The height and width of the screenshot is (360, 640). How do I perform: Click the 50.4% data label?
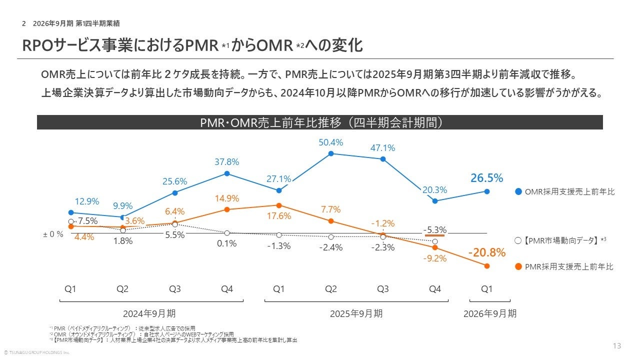(x=331, y=142)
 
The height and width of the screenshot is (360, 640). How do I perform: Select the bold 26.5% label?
(x=486, y=178)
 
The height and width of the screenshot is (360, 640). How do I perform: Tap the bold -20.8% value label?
(x=486, y=253)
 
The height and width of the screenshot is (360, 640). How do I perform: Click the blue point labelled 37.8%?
(x=227, y=173)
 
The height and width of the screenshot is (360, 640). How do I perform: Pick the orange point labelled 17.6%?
(x=279, y=205)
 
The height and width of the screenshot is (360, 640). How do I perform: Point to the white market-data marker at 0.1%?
(x=227, y=233)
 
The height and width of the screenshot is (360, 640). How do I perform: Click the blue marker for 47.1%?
(x=383, y=159)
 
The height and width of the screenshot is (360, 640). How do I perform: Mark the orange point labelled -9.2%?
(x=435, y=247)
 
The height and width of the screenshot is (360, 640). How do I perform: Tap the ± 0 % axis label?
(x=53, y=233)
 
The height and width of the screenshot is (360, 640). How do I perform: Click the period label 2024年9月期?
(x=149, y=313)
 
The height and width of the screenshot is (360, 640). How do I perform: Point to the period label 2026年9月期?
(x=490, y=313)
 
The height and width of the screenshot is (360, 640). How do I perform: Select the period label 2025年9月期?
(x=356, y=313)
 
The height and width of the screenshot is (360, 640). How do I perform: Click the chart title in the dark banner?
(x=320, y=122)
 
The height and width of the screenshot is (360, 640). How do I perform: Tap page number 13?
(x=616, y=346)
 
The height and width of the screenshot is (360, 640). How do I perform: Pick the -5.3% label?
(x=434, y=230)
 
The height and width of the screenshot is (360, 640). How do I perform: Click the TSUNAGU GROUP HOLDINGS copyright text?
(x=37, y=352)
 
